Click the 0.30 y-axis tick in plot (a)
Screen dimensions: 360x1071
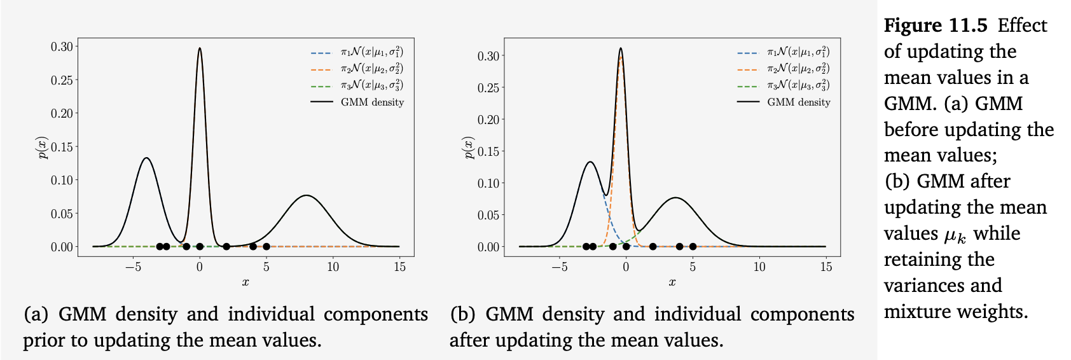pos(62,46)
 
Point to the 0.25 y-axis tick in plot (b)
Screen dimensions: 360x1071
pos(488,88)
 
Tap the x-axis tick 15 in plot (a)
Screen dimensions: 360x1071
pos(399,267)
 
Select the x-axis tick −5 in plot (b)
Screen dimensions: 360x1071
pos(559,267)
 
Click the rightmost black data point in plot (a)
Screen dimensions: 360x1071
pos(266,247)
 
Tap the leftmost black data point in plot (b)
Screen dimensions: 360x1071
pos(586,247)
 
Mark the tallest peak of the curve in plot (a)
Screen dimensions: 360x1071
pos(200,48)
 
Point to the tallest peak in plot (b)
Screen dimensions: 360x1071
pos(621,49)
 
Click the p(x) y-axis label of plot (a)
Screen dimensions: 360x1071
pos(43,148)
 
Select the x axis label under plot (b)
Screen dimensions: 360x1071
pos(672,282)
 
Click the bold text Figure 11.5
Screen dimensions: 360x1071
pos(936,25)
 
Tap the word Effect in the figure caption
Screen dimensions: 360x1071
pos(1022,25)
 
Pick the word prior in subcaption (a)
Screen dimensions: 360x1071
pos(45,340)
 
